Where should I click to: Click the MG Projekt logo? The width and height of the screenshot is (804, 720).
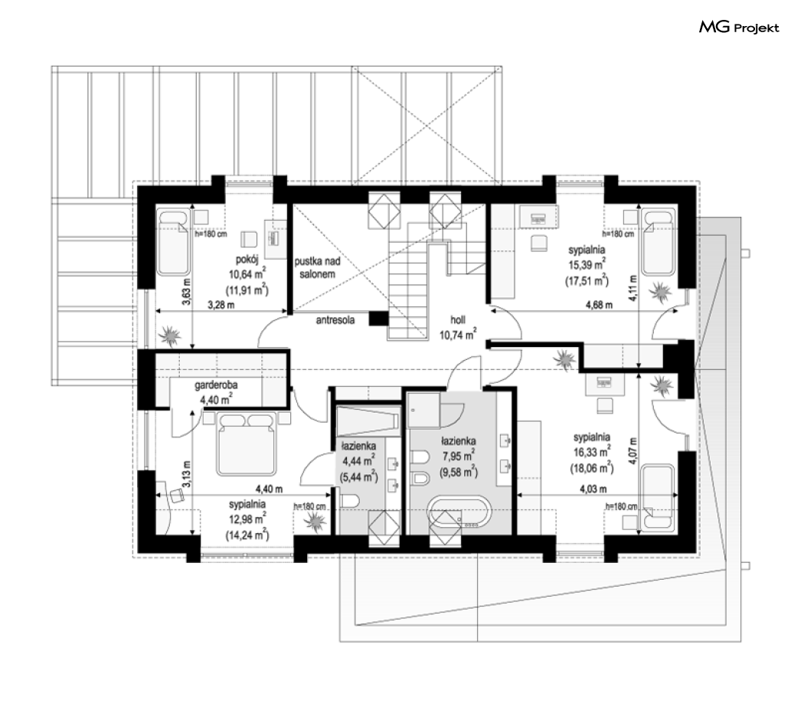739,27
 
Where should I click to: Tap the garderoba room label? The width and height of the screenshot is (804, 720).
216,385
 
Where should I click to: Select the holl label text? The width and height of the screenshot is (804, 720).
458,320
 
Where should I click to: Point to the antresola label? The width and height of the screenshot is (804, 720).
335,320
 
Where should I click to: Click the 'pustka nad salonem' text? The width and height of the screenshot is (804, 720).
318,267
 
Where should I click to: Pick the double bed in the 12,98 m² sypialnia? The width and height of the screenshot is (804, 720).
247,444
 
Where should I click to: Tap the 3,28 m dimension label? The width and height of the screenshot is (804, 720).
221,306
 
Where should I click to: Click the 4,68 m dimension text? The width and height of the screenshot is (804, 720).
599,305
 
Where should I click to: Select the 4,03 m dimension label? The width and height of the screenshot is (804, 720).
593,489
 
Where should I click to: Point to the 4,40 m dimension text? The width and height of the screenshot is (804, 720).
270,489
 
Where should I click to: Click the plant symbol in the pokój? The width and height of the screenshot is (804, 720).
170,336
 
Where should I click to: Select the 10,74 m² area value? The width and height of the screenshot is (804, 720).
458,335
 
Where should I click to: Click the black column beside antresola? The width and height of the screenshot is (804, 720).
379,319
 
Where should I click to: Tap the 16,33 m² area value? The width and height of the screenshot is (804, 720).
592,453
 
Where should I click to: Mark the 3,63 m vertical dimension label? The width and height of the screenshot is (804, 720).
186,291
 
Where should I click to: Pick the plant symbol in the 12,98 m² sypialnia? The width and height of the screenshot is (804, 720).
314,522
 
